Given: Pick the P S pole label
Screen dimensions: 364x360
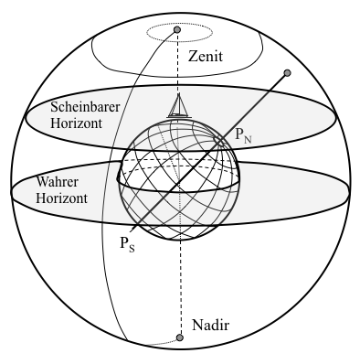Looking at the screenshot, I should point(126,242).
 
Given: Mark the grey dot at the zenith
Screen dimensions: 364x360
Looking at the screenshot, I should point(179,30).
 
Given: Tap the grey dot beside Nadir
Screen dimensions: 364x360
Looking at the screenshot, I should point(179,338).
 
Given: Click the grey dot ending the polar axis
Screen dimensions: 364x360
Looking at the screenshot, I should point(288,72).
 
